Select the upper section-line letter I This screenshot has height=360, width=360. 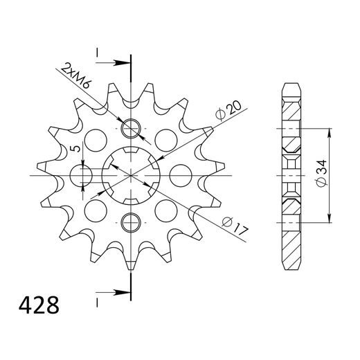(98, 53)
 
